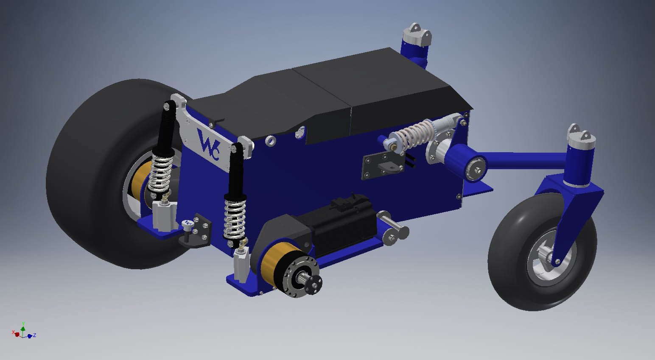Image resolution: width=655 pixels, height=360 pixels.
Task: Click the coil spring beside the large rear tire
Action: click(x=160, y=173)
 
